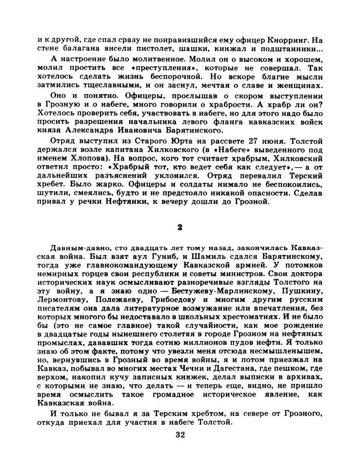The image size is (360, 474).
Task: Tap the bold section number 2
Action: coord(180,227)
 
